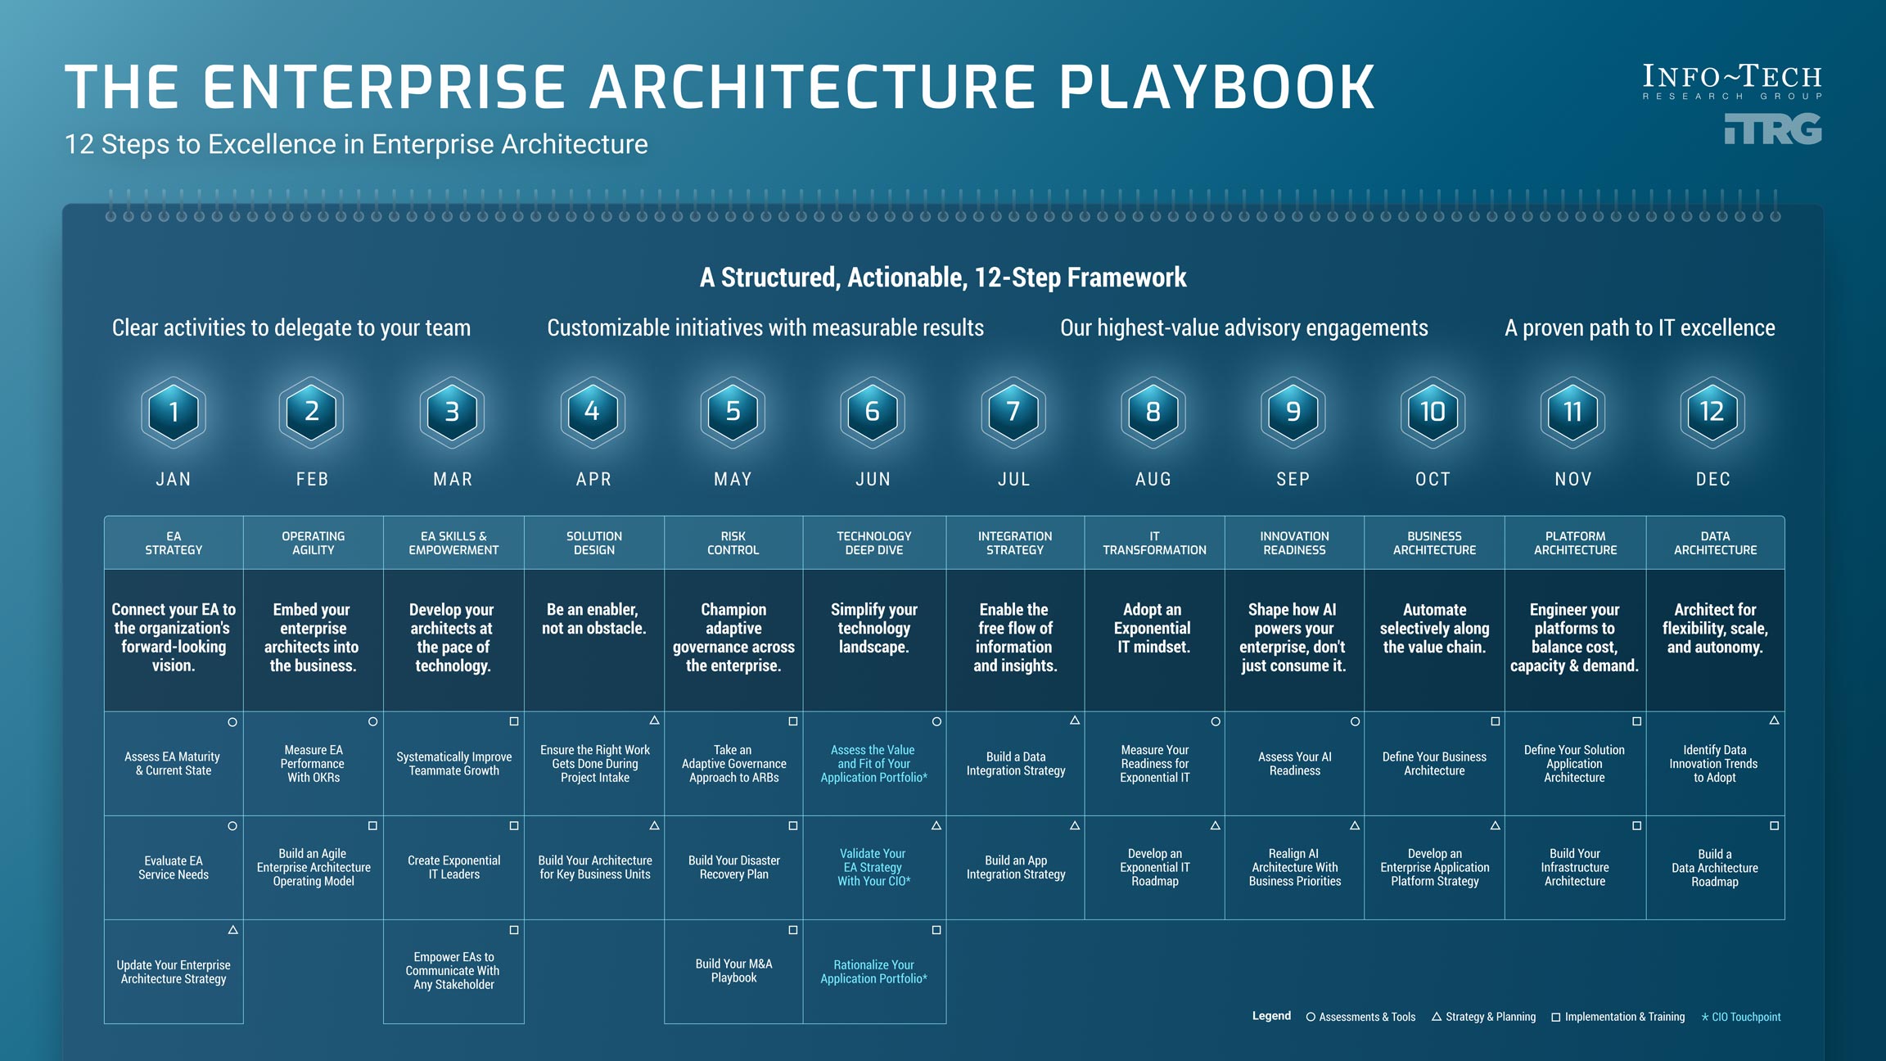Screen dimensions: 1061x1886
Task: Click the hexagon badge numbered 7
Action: tap(1013, 412)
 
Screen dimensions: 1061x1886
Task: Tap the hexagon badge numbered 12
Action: tap(1712, 412)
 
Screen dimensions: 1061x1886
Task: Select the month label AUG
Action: tap(1153, 480)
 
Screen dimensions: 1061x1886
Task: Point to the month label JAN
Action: tap(174, 480)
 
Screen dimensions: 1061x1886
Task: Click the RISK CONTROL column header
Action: tap(733, 543)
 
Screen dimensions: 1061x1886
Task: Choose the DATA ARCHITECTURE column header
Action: tap(1715, 543)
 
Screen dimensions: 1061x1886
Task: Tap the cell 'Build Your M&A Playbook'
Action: tap(733, 971)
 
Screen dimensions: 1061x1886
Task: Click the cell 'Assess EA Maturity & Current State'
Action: tap(173, 764)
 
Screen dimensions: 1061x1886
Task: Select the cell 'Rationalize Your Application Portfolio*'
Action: tap(873, 972)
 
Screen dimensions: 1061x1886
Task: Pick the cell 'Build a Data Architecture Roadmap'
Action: tap(1715, 868)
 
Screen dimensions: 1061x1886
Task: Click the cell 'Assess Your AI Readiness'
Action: tap(1294, 764)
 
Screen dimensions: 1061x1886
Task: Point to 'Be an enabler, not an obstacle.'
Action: tap(593, 619)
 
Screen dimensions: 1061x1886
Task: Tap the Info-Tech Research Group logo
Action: tap(1732, 82)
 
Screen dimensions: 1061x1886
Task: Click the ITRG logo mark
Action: tap(1773, 129)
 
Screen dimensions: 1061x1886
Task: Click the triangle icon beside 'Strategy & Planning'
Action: tap(1437, 1017)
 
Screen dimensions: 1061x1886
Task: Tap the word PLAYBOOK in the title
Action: tap(1217, 87)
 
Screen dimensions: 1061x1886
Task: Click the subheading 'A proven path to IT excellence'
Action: tap(1640, 328)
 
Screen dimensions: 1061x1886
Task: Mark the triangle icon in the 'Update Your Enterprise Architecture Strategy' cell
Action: tap(233, 930)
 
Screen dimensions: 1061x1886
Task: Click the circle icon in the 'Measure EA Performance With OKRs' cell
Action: tap(372, 722)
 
